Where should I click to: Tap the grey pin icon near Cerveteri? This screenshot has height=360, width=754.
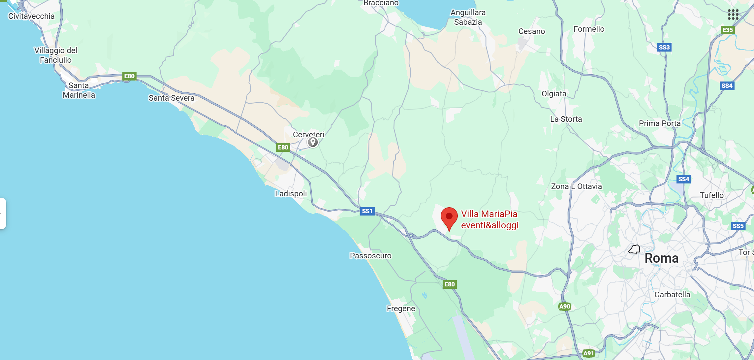point(313,142)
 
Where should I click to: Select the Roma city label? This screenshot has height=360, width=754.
point(661,258)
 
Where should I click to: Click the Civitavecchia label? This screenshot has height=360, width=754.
point(31,16)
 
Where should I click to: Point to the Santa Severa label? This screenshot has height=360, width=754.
point(171,98)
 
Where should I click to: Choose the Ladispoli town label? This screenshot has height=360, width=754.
point(291,194)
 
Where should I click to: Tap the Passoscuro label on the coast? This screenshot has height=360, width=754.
point(370,256)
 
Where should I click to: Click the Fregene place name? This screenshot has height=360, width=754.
point(401,309)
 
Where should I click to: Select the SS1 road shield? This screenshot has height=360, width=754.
point(367,211)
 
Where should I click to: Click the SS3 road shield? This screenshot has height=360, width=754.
point(664,48)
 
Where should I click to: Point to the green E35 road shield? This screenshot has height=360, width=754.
point(727,30)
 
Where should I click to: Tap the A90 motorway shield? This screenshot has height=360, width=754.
point(565,307)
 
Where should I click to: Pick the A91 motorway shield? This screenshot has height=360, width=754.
point(588,353)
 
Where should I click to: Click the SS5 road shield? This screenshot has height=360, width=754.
point(738,226)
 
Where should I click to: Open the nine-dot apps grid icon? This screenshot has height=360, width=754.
point(733,15)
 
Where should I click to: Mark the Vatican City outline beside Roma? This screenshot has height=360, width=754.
point(634,249)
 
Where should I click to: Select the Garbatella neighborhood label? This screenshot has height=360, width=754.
point(672,295)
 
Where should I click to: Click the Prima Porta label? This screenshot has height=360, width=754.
point(660,123)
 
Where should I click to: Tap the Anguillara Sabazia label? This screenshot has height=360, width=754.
point(468,17)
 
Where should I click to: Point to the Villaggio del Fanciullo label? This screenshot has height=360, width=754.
point(56,55)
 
